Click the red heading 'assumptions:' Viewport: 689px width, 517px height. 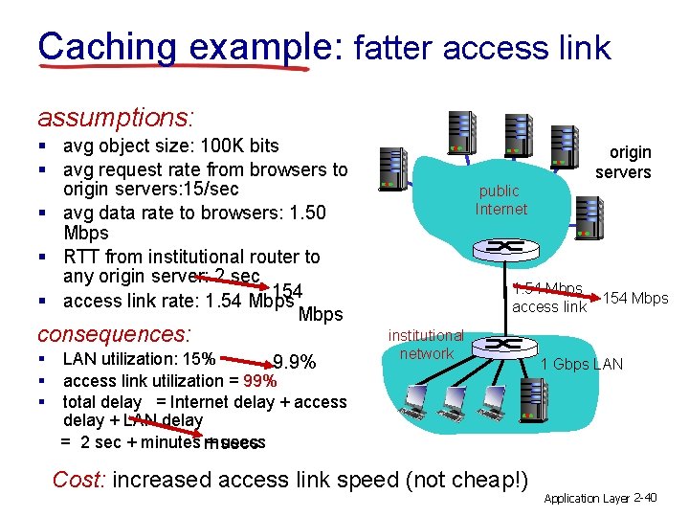pos(116,118)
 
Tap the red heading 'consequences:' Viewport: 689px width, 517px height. pos(114,335)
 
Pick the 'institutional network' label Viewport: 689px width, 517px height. pos(426,345)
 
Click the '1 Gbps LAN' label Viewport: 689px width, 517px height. pos(582,364)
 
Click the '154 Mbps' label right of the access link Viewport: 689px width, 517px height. pos(635,298)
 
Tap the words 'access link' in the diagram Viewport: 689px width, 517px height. pos(549,307)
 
